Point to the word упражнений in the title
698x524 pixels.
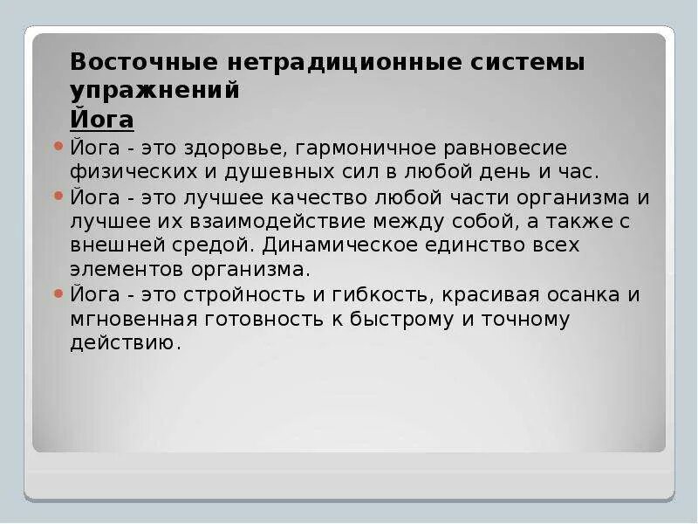(154, 91)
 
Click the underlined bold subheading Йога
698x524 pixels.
(101, 120)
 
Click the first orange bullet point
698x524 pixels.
(58, 146)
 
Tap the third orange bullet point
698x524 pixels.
(58, 293)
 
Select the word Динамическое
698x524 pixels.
(346, 245)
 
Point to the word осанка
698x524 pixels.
(573, 294)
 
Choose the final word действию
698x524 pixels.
(126, 343)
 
